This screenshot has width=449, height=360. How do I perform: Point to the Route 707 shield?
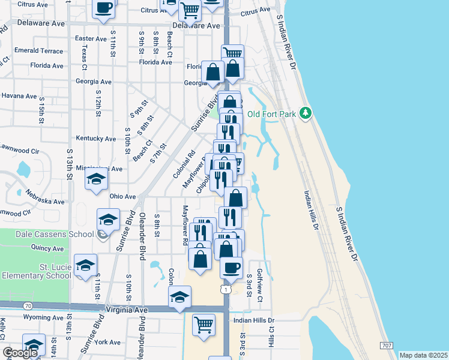pyautogui.click(x=387, y=346)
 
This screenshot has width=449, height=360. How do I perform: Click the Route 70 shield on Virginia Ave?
pyautogui.click(x=28, y=306)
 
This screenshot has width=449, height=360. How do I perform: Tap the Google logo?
pyautogui.click(x=20, y=353)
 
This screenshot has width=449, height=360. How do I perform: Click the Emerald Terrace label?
pyautogui.click(x=38, y=50)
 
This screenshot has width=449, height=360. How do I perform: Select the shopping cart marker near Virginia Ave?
pyautogui.click(x=203, y=325)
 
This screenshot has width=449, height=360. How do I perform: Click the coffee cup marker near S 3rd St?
pyautogui.click(x=231, y=268)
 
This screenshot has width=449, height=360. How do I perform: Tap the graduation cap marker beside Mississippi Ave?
pyautogui.click(x=96, y=179)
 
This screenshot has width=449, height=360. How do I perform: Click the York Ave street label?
pyautogui.click(x=108, y=342)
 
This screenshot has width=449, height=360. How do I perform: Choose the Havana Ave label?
pyautogui.click(x=19, y=95)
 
